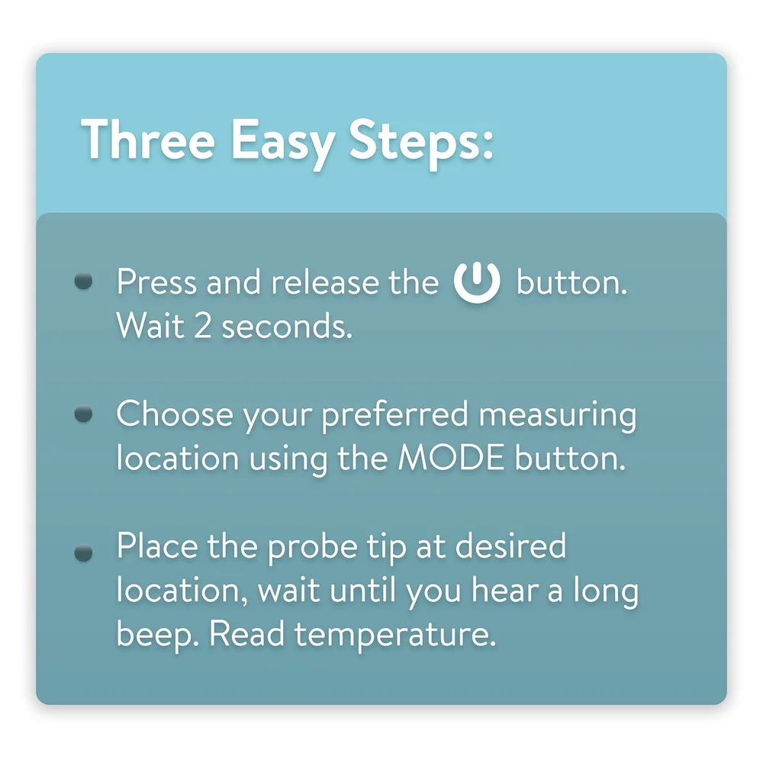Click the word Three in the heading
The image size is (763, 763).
[148, 139]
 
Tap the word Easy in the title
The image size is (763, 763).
[283, 144]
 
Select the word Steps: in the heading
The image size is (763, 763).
[421, 143]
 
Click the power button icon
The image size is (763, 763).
[477, 282]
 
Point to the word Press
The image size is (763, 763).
[156, 282]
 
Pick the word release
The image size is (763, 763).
[325, 282]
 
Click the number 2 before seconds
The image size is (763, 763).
[203, 326]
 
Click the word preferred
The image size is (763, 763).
[394, 416]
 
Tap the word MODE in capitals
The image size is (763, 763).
[451, 458]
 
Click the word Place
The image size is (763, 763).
[157, 546]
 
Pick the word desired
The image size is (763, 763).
[510, 546]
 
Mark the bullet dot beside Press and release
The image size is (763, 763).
[84, 282]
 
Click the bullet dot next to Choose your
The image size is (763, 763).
[84, 414]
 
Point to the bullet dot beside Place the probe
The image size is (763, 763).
[84, 552]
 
